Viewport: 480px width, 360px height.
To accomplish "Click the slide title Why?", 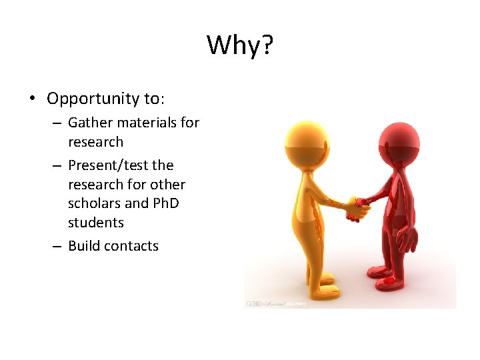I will tap(240, 45).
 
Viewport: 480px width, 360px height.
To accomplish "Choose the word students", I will tap(96, 221).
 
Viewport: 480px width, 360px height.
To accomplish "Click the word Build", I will tap(84, 245).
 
